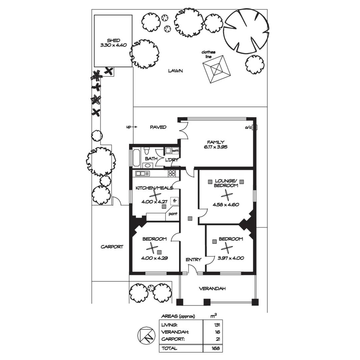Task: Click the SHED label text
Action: tap(113, 40)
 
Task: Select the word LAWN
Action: tap(175, 71)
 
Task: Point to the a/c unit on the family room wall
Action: tap(255, 127)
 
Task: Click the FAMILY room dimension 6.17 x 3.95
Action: tap(216, 147)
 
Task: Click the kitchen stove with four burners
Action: tap(172, 173)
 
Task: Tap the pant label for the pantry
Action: tap(173, 214)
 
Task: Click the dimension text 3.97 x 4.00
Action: tap(226, 258)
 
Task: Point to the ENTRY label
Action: tap(193, 260)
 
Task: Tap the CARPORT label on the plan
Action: tap(112, 247)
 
